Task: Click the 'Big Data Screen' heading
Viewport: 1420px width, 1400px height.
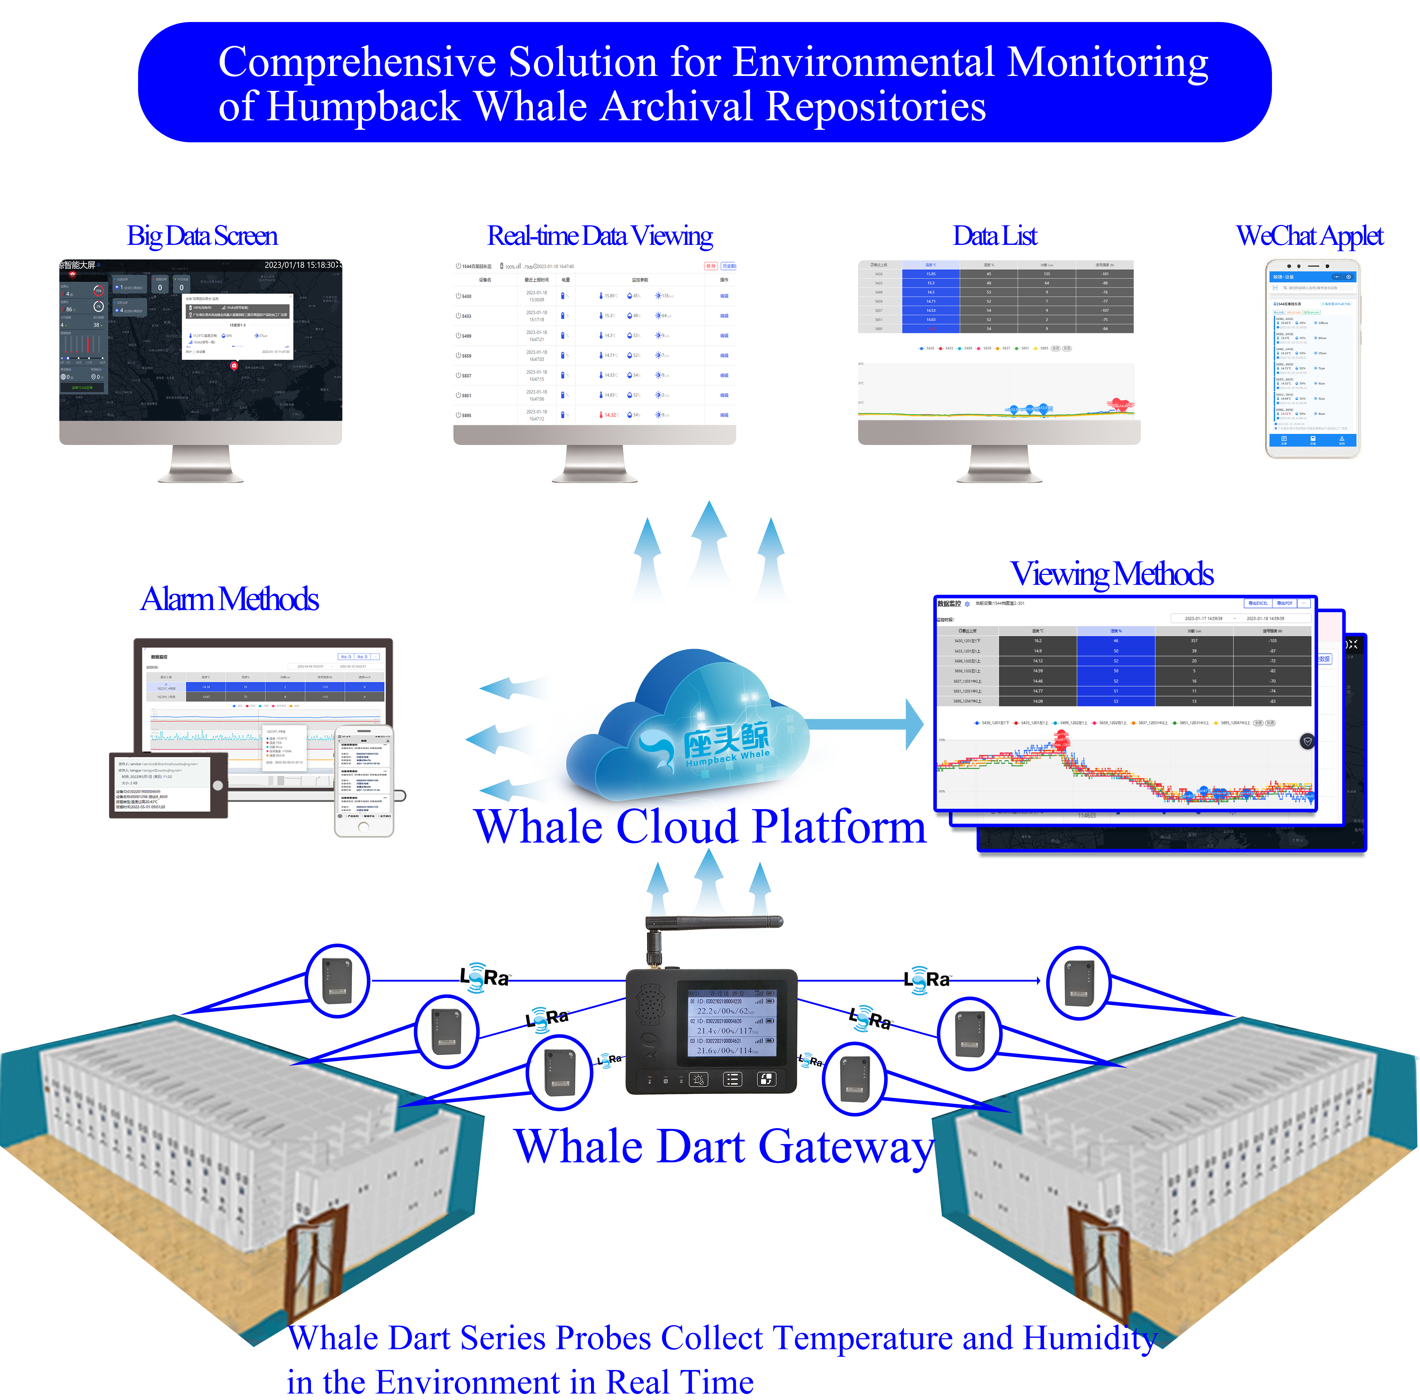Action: pos(202,236)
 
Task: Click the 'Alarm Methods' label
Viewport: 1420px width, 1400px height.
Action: pos(229,599)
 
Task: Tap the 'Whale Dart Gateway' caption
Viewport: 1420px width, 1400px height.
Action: pos(724,1147)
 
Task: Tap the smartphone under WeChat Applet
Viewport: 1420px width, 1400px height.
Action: pos(1312,359)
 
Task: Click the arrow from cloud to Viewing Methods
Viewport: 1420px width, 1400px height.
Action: pos(867,724)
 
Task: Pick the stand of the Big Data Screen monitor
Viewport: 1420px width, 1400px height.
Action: pos(201,465)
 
